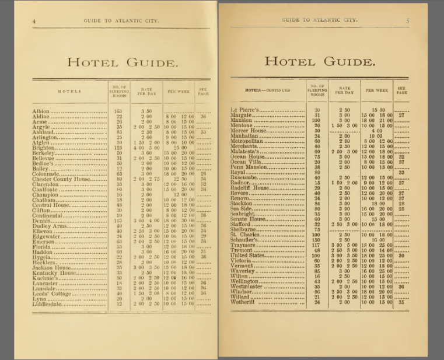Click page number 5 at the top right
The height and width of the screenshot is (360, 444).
(x=408, y=20)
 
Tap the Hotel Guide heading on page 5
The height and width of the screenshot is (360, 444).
(x=319, y=61)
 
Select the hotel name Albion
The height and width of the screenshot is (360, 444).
(x=41, y=111)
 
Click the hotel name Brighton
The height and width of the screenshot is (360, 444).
(x=44, y=148)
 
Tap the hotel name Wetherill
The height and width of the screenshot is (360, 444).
(x=243, y=302)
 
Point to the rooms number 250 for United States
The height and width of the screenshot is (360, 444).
(x=317, y=256)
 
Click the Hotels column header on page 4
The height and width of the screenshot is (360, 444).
(x=69, y=91)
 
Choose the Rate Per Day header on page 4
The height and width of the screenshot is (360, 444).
(x=145, y=91)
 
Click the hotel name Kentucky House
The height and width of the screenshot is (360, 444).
(x=55, y=272)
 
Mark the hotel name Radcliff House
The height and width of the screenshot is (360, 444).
(x=250, y=188)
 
